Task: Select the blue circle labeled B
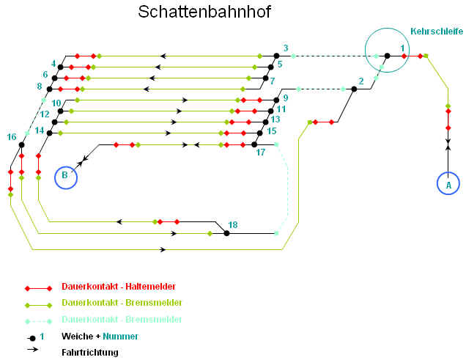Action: pyautogui.click(x=65, y=177)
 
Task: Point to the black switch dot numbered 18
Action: pyautogui.click(x=226, y=233)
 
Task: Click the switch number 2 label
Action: pyautogui.click(x=360, y=81)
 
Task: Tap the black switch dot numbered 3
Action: pyautogui.click(x=276, y=56)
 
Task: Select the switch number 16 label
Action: pyautogui.click(x=12, y=136)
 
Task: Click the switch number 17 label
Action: pyautogui.click(x=260, y=153)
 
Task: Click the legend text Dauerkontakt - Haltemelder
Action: pyautogui.click(x=119, y=287)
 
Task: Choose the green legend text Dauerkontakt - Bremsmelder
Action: pyautogui.click(x=122, y=303)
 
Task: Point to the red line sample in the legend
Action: pyautogui.click(x=37, y=288)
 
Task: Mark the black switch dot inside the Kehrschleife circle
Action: pyautogui.click(x=388, y=56)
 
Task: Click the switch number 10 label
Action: pyautogui.click(x=56, y=103)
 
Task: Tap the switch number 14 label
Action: pyautogui.click(x=40, y=131)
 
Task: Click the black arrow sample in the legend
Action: pyautogui.click(x=33, y=350)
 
